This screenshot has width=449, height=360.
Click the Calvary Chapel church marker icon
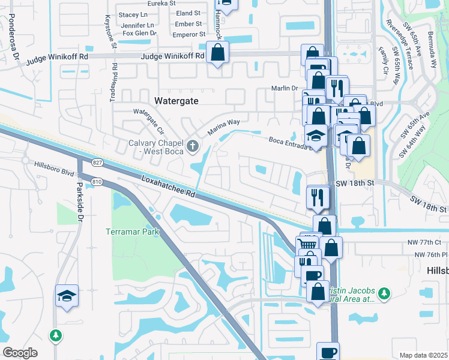[x=192, y=145]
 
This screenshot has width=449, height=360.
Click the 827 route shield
[x=98, y=163]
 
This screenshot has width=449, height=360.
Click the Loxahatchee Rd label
[x=169, y=186]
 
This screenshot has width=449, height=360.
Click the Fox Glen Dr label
[x=139, y=34]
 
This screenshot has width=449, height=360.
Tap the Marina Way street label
[x=224, y=126]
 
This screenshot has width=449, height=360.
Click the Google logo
[x=20, y=353]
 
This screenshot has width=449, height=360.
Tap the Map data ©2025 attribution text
[x=423, y=355]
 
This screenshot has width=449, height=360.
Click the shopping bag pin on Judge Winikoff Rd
[x=217, y=52]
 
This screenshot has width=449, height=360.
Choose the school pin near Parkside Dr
[x=67, y=295]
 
